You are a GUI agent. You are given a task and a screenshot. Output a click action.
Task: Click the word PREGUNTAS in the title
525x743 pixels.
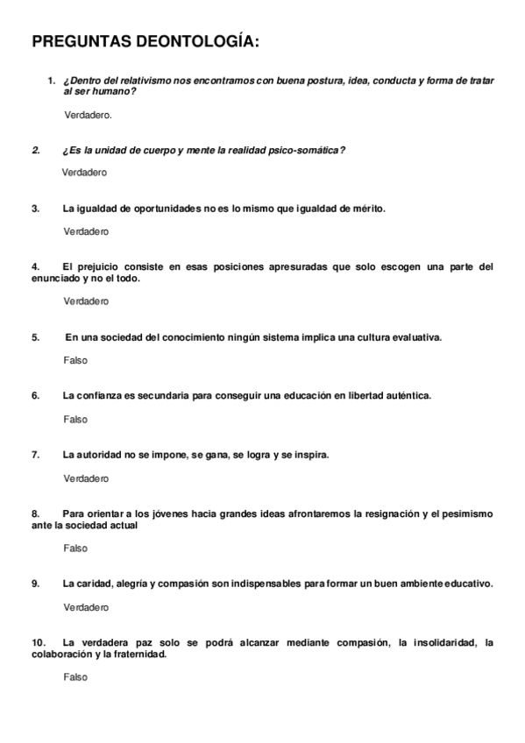(x=80, y=43)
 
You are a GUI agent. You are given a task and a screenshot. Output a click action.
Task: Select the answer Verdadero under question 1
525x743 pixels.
(x=88, y=115)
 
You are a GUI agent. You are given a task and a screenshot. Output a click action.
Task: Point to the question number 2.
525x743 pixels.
(x=36, y=150)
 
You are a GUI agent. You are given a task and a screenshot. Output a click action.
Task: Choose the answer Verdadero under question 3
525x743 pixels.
(x=86, y=231)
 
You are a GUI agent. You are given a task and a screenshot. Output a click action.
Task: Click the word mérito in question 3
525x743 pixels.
(x=366, y=209)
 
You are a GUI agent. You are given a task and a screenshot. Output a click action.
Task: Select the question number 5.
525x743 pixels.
(x=36, y=336)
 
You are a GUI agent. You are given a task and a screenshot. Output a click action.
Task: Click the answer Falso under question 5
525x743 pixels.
(x=75, y=360)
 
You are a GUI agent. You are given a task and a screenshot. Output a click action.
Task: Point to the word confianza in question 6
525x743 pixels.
(x=100, y=395)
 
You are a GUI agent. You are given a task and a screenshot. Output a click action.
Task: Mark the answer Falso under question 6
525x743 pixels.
(x=75, y=419)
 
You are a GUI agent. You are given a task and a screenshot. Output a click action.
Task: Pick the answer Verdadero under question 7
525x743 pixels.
(x=86, y=478)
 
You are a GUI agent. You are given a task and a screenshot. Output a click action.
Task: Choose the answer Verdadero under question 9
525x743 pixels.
(x=86, y=607)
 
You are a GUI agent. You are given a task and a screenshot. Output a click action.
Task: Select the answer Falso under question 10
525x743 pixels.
(x=75, y=677)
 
